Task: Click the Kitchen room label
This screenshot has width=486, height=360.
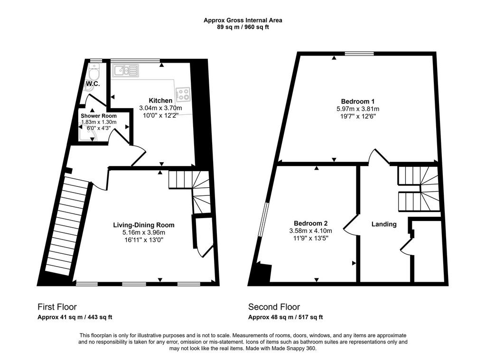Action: point(160,101)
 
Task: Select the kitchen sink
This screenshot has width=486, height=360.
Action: point(125,70)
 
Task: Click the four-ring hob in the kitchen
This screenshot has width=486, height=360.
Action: point(183,94)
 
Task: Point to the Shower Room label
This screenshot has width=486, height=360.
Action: point(99,116)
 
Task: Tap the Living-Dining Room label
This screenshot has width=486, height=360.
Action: point(144,225)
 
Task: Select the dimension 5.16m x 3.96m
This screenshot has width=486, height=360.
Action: point(144,232)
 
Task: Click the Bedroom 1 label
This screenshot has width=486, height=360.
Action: point(358,102)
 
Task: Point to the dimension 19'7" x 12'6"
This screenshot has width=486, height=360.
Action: point(358,117)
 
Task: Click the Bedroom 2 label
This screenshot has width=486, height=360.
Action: point(310,223)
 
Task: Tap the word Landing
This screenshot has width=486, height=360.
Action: point(384,224)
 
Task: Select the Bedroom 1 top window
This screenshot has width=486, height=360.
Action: point(359,54)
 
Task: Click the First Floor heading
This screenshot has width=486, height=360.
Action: point(57,307)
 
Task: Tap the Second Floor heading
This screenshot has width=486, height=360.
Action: point(274,307)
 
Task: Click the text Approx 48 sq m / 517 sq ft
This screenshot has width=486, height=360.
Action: point(285,317)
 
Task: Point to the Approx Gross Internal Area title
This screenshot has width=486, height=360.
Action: point(243,20)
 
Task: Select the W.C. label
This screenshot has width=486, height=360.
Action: point(93,84)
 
